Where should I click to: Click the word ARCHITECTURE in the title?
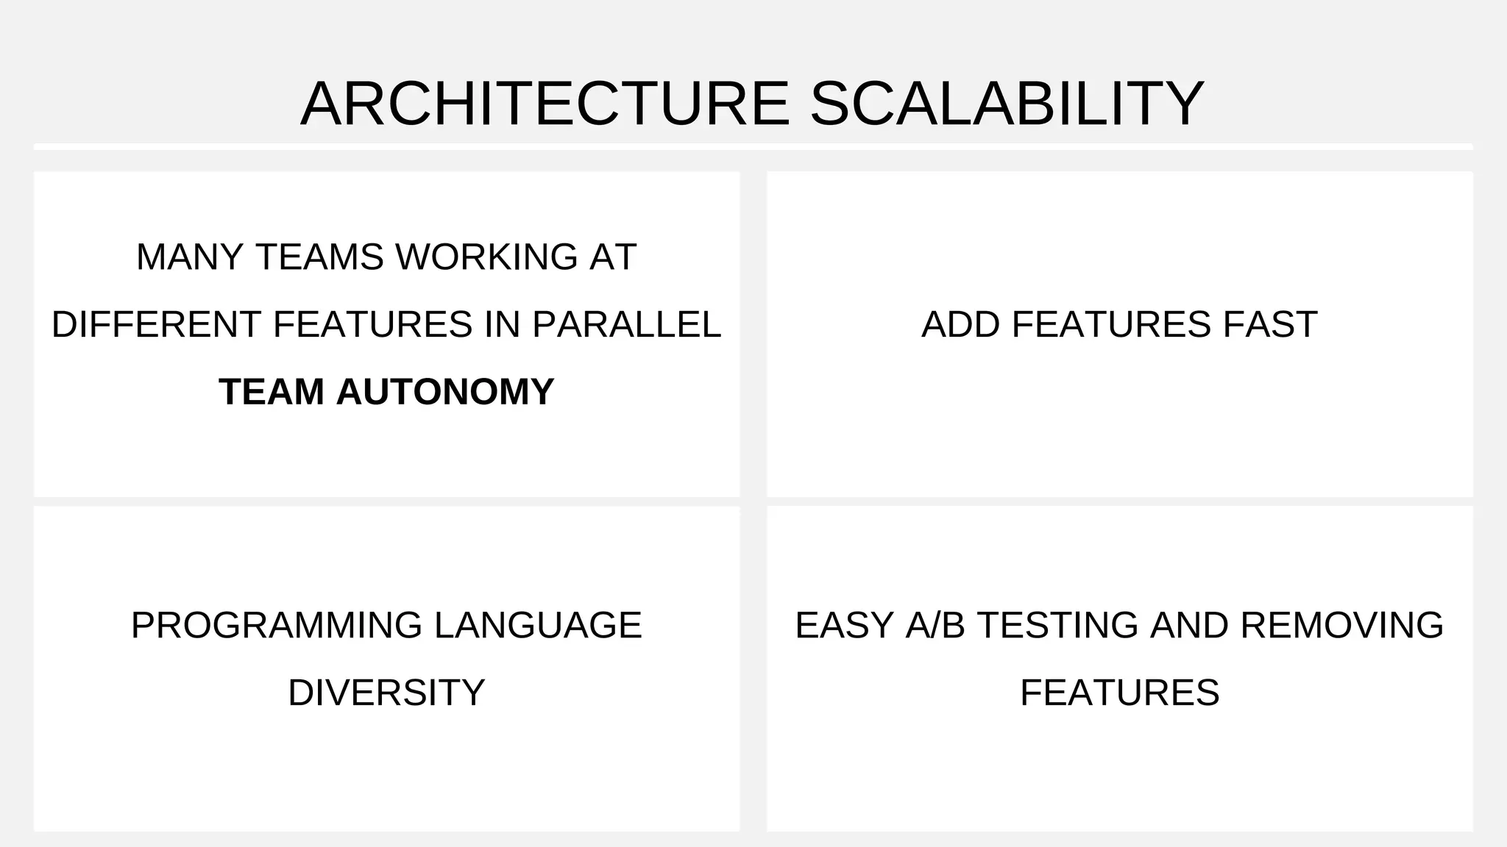545,104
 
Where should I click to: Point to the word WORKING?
486,257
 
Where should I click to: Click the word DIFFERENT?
156,324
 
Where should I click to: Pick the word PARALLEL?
626,324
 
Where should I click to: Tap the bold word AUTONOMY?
444,391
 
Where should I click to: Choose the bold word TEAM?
271,391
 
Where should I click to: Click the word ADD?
960,324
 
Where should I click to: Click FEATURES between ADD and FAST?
1111,324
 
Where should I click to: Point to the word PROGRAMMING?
277,626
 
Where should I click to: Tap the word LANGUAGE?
538,626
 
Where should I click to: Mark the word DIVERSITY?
386,693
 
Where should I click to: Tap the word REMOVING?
1341,626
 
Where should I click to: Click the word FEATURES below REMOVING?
1119,693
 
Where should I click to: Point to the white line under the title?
753,147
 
